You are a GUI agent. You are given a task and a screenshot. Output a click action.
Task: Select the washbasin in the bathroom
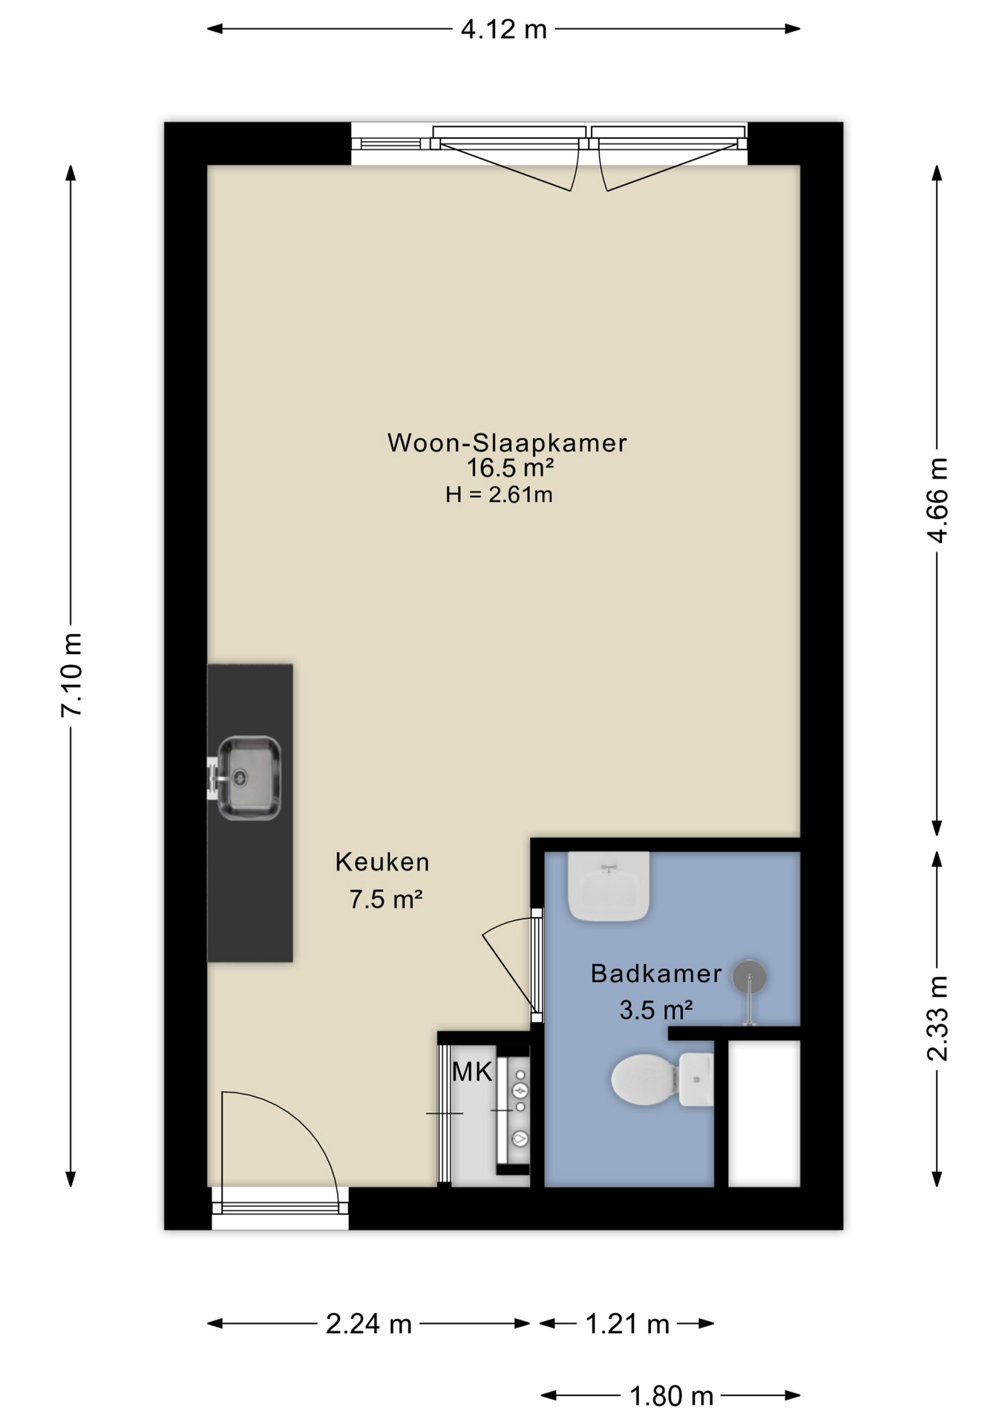609,886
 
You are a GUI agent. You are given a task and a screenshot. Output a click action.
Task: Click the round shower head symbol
749,977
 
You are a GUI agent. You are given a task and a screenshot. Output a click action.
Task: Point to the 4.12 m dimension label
503,30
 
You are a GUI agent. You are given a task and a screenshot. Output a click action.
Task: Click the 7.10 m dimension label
71,675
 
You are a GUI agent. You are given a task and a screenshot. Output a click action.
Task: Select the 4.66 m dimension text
938,500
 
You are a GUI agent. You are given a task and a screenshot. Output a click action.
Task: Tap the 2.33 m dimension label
938,1018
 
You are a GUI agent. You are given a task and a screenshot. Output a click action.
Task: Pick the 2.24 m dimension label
368,1323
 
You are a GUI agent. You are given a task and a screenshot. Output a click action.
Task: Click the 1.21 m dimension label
627,1323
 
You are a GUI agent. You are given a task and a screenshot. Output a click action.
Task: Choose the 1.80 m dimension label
671,1396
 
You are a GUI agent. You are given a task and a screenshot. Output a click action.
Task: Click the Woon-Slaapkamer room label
507,443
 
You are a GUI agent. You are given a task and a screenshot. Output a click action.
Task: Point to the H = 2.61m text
499,494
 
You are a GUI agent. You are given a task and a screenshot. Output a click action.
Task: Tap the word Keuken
382,862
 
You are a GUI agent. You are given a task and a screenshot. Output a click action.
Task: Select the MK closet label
472,1072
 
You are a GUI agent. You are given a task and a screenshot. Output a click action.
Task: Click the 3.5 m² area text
656,1010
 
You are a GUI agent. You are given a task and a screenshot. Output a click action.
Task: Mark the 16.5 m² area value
510,468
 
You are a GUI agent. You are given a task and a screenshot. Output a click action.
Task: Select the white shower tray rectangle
764,1113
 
